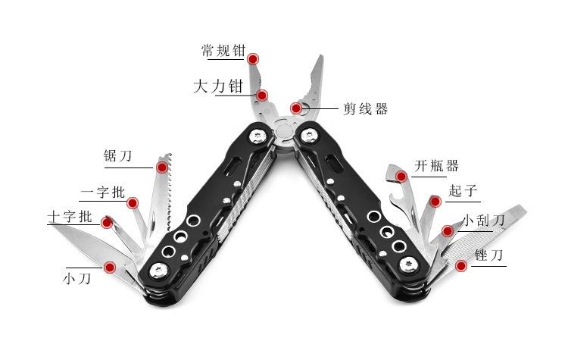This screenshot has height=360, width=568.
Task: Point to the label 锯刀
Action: (118, 157)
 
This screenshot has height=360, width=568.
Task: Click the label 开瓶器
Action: (436, 166)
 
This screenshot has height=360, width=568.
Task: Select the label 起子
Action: (463, 190)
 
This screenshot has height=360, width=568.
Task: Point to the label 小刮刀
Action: (483, 221)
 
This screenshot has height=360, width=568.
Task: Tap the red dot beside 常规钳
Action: (253, 58)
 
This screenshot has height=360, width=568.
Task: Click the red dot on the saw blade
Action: (161, 166)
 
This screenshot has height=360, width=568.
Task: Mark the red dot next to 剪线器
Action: (295, 108)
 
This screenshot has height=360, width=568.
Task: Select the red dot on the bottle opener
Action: (401, 176)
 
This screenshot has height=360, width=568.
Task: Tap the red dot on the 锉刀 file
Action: (461, 265)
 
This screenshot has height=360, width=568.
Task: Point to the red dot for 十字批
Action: (107, 222)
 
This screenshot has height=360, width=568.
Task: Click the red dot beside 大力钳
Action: (262, 95)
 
